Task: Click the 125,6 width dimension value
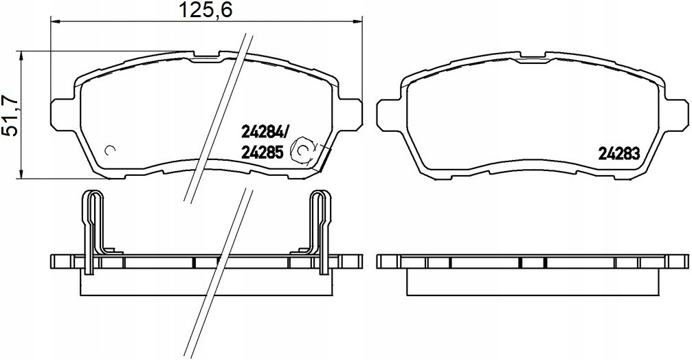[205, 10]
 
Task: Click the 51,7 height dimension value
[11, 115]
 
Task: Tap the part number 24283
[618, 153]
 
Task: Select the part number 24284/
[265, 131]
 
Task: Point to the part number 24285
[262, 153]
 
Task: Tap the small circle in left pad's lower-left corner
[110, 150]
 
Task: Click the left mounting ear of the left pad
[63, 115]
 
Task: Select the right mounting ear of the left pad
[351, 115]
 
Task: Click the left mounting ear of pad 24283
[388, 115]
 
